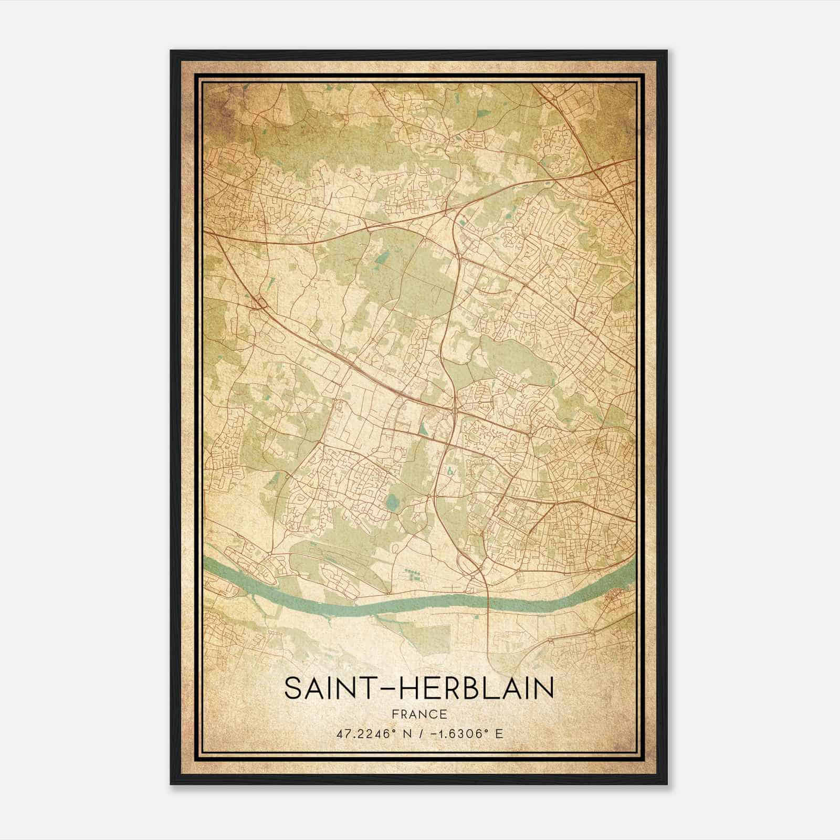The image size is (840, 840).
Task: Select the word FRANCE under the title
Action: (419, 714)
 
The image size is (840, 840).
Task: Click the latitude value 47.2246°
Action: (367, 733)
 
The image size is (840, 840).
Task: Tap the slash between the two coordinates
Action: (416, 733)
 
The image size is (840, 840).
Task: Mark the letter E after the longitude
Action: (499, 733)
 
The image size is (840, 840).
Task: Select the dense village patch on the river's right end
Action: (614, 599)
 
